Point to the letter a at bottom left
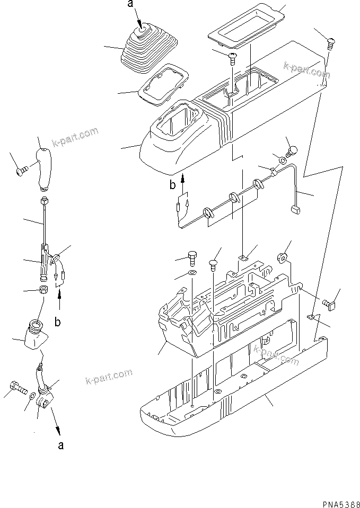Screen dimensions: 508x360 point(62,445)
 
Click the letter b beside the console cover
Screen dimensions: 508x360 point(172,185)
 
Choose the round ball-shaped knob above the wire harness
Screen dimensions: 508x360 point(293,149)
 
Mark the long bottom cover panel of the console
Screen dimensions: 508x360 point(233,387)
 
